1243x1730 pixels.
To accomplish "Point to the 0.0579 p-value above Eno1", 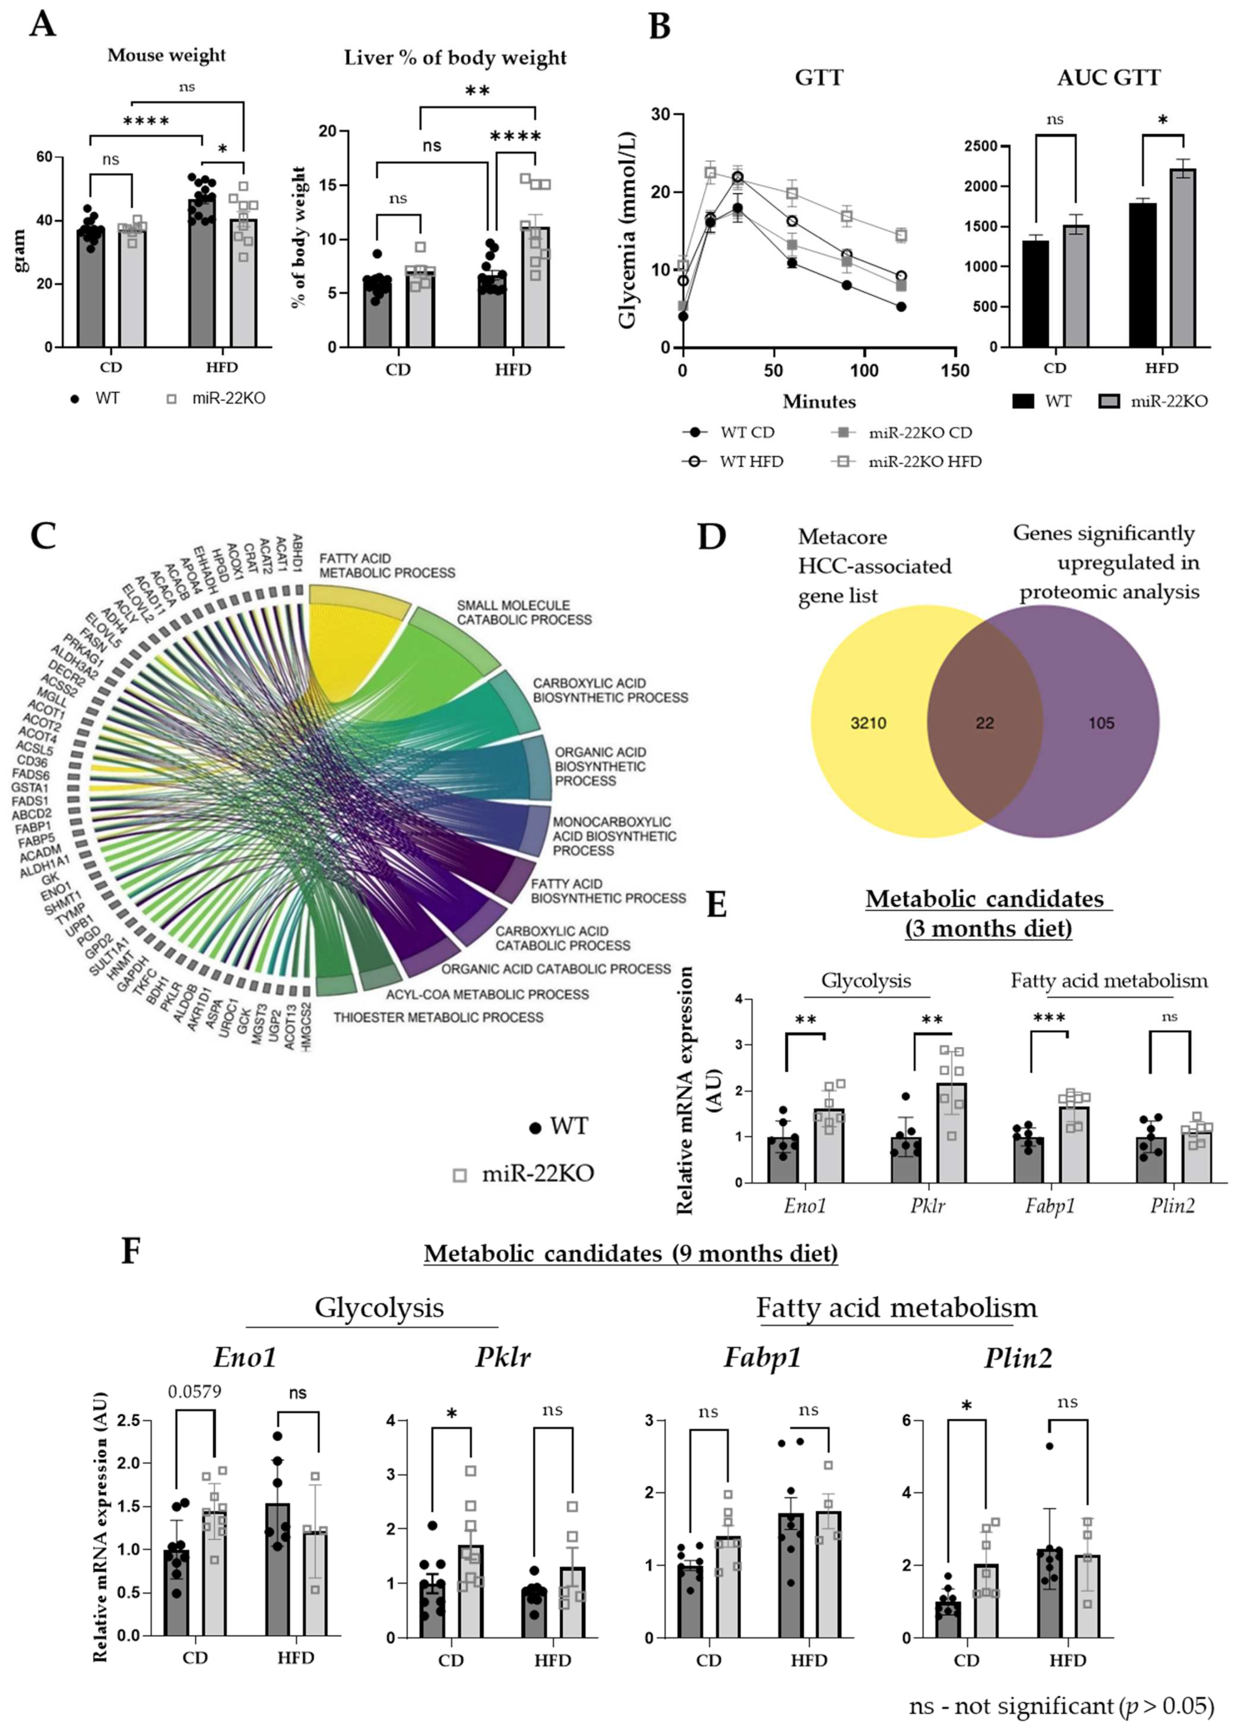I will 194,1390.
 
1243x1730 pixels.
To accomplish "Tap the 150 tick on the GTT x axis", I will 955,371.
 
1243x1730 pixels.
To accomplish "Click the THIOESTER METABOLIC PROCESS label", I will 438,1017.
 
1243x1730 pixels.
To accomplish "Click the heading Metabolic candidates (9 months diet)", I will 631,1253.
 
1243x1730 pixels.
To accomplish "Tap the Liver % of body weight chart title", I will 455,58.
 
